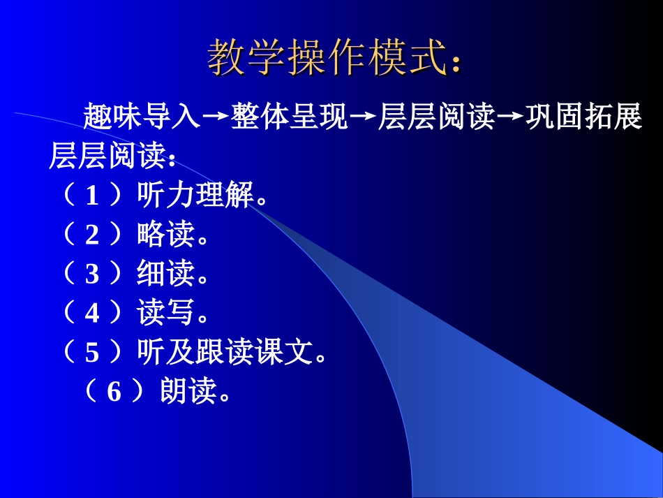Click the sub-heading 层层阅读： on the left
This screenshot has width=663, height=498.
(112, 157)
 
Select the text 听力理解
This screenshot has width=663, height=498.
(195, 197)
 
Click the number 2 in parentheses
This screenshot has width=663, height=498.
(92, 236)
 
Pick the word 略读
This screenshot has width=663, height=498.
(166, 236)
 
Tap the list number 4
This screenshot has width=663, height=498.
(92, 314)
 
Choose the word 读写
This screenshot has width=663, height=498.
(166, 314)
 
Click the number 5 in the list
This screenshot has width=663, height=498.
(92, 353)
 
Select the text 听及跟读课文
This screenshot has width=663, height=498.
(225, 353)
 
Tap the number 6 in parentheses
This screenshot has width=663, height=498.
(114, 393)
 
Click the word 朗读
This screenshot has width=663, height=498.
(188, 393)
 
